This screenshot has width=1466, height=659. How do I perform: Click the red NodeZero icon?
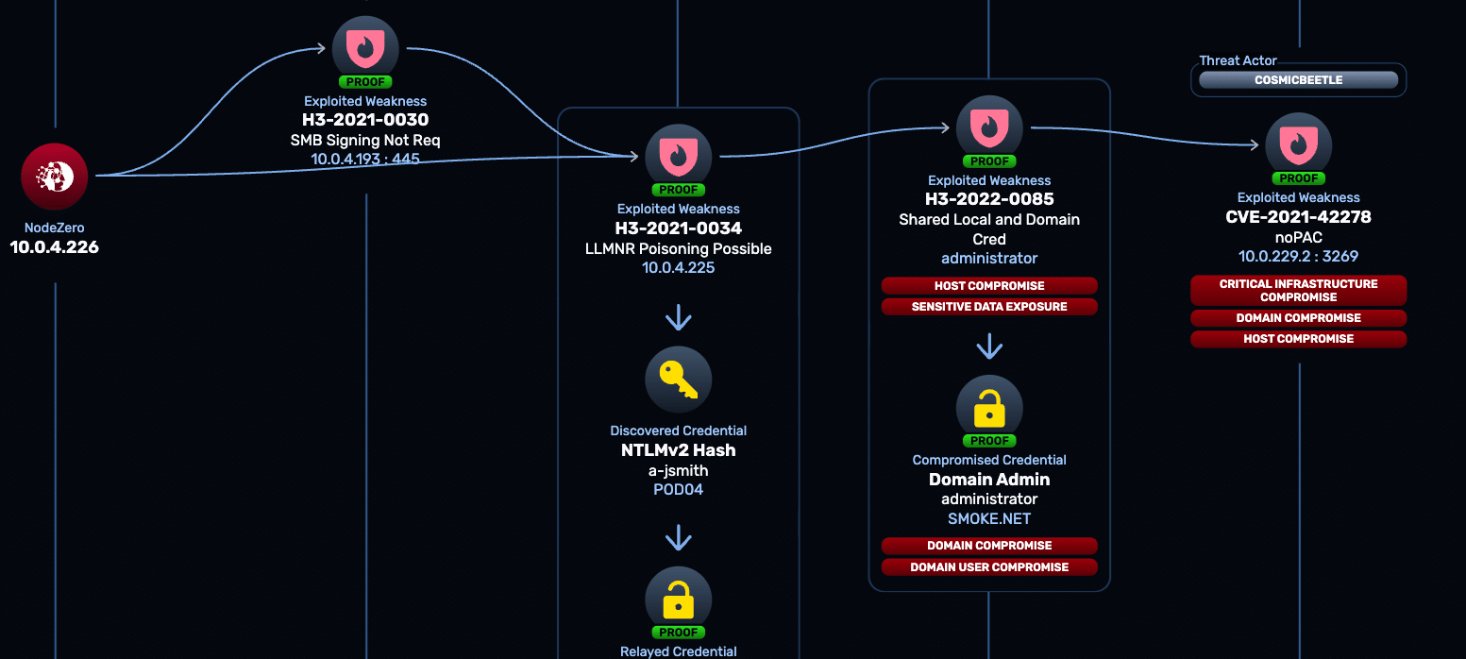[55, 176]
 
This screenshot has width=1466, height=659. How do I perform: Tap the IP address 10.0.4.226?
[55, 247]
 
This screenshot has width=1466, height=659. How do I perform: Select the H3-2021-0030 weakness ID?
[365, 120]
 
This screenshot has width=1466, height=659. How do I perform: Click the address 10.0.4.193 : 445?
[365, 159]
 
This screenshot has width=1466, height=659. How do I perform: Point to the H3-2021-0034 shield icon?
[678, 157]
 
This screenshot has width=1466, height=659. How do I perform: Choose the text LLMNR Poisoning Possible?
[678, 248]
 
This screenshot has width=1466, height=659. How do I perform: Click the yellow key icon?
[678, 380]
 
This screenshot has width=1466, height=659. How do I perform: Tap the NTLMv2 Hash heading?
[678, 450]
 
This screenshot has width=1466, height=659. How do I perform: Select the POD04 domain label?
[678, 489]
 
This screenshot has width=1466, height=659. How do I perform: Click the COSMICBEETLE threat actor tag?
[1299, 80]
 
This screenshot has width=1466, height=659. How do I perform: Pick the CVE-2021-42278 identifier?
[1299, 217]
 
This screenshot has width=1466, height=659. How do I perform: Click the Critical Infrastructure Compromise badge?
[1299, 291]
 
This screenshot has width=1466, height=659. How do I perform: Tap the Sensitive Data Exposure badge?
[989, 306]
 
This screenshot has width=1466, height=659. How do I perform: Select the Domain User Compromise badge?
[989, 566]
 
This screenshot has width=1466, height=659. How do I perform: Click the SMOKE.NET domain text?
[989, 519]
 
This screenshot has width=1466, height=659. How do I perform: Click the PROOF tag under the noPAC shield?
[1299, 178]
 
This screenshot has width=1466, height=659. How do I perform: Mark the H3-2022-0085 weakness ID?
[989, 199]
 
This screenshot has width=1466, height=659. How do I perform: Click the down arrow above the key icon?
[678, 317]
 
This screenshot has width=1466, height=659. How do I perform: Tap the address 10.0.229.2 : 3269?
[1299, 257]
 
